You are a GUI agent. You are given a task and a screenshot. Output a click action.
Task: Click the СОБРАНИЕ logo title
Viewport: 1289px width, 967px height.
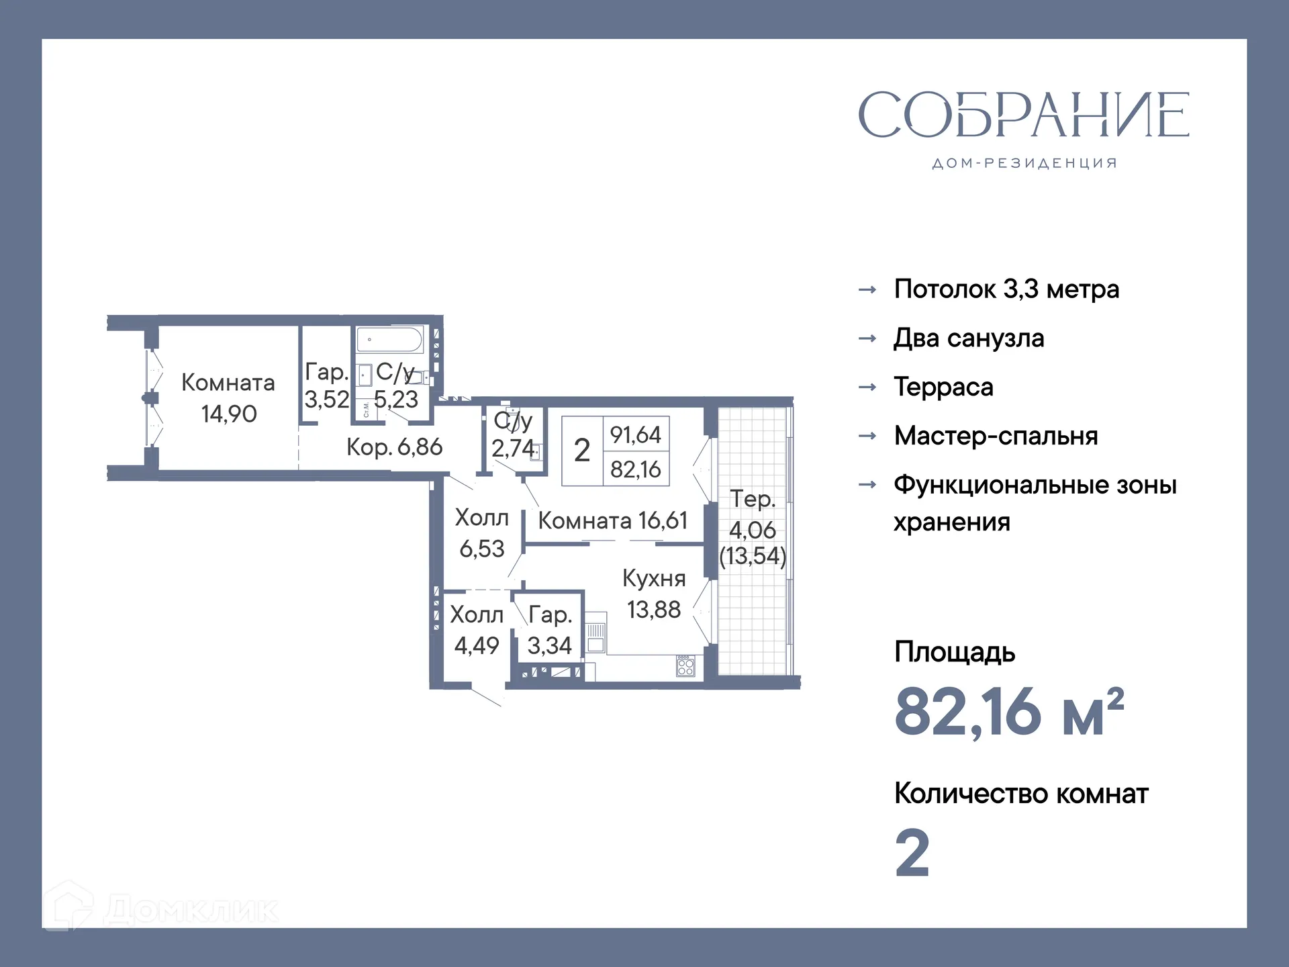1023,115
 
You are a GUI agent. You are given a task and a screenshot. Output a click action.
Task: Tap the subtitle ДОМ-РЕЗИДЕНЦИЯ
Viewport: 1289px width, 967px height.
1024,163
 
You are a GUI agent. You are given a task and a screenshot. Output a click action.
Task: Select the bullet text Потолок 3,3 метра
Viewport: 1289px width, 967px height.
1006,289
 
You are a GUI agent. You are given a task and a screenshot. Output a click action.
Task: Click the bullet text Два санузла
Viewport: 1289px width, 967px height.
968,338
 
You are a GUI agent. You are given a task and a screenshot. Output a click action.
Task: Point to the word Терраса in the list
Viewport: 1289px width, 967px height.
943,387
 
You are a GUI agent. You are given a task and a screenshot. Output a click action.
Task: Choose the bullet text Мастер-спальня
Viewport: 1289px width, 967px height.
996,436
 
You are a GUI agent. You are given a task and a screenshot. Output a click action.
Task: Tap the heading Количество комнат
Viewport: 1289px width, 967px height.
1020,794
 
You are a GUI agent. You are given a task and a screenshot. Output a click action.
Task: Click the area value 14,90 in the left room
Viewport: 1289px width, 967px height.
229,414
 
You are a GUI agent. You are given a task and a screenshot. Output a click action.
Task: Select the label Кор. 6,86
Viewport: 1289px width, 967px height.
394,447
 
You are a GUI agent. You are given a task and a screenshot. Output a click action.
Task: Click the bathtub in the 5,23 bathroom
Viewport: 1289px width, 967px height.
389,340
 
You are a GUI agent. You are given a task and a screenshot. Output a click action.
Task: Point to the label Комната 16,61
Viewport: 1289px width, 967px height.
612,521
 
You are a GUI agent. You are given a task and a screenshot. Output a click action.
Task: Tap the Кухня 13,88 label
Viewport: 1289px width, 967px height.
654,594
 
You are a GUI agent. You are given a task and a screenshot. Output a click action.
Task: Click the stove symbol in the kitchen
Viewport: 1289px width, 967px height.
685,666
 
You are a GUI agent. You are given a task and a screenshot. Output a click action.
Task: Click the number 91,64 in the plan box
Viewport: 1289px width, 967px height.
635,435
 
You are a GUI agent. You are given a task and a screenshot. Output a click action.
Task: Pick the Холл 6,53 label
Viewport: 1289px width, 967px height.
481,533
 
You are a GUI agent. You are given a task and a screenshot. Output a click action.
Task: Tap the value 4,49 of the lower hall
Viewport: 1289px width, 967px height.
477,646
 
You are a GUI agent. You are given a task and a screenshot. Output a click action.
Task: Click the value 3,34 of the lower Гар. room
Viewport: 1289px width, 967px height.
549,646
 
